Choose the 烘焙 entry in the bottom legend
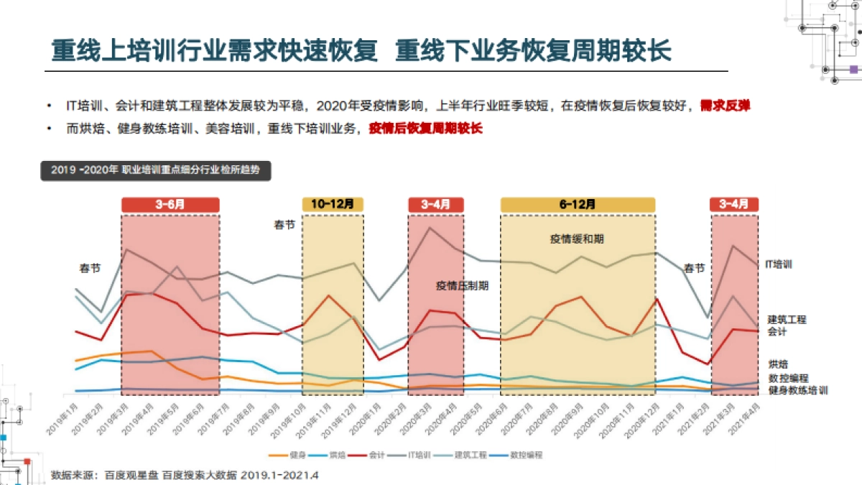pos(331,455)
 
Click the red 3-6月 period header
pos(170,204)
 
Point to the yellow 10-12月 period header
pos(333,204)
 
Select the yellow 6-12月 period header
pos(578,204)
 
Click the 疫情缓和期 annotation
pos(572,239)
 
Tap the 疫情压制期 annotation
pos(463,285)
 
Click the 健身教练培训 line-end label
pos(797,390)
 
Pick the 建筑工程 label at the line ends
pos(787,320)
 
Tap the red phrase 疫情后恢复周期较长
pos(425,129)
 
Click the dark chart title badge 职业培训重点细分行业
pos(156,170)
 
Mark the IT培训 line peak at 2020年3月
pos(430,228)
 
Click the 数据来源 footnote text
pos(185,475)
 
